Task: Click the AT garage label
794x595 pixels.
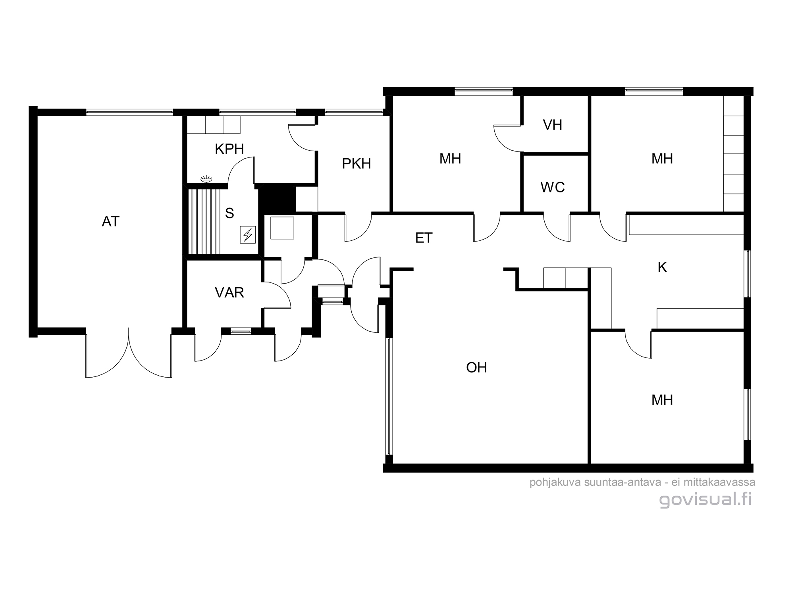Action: click(110, 221)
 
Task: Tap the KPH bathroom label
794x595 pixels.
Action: click(229, 149)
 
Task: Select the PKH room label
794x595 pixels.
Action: click(356, 163)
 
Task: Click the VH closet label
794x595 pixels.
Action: click(553, 125)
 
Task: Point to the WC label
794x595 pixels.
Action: click(553, 187)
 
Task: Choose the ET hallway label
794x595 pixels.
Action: click(424, 238)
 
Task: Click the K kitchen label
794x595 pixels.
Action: click(662, 267)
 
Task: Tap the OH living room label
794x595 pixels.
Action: click(476, 368)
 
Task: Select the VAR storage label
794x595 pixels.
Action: click(229, 293)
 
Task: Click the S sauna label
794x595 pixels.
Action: click(229, 213)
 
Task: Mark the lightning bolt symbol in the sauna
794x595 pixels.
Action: click(248, 235)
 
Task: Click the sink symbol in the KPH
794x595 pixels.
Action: click(206, 179)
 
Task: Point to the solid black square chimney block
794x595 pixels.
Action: click(277, 200)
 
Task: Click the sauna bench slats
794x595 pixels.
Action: click(204, 222)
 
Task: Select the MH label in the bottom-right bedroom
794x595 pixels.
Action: click(662, 400)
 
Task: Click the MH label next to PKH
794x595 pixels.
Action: click(450, 159)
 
